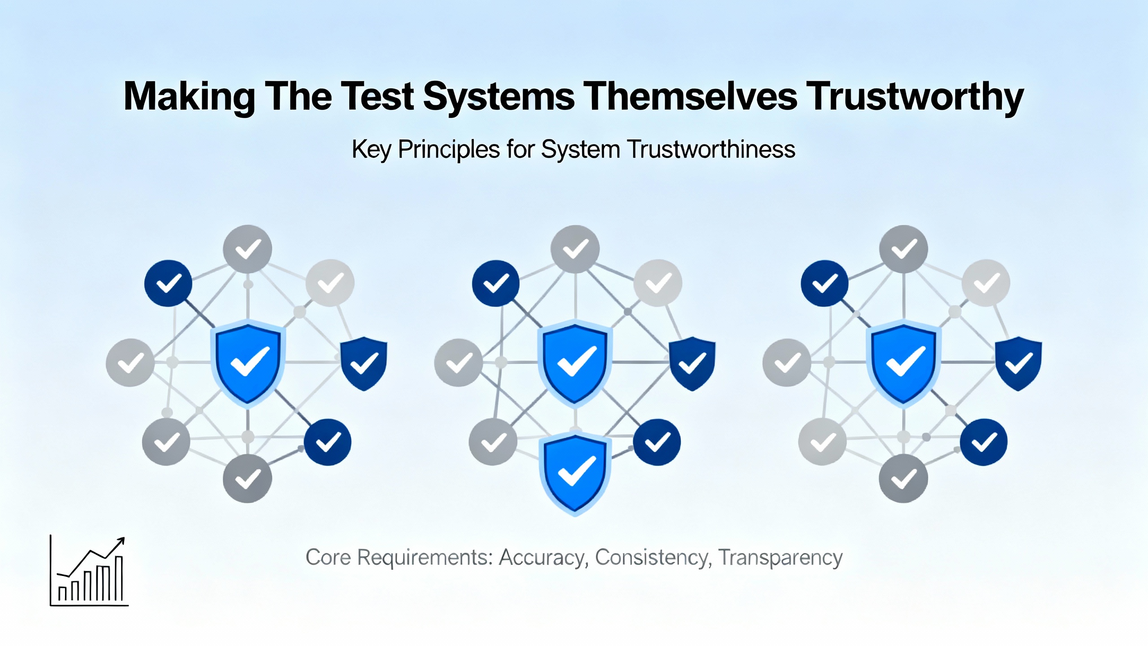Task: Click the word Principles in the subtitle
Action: point(449,150)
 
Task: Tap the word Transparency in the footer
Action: point(780,558)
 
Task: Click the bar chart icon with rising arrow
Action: point(89,571)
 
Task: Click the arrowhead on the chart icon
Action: point(121,541)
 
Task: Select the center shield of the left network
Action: point(248,363)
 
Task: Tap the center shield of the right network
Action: point(904,363)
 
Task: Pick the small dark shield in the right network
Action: point(1018,364)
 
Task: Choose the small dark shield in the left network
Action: point(364,364)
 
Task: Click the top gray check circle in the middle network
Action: point(575,249)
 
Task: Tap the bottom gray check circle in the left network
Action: point(248,478)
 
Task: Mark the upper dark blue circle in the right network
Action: point(825,283)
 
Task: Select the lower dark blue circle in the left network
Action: point(328,442)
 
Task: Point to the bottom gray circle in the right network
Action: point(903,478)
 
